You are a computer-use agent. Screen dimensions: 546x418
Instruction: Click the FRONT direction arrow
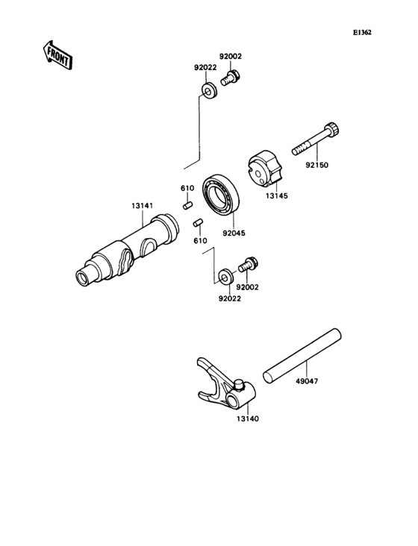[56, 54]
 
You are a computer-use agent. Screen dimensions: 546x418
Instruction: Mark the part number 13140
[248, 419]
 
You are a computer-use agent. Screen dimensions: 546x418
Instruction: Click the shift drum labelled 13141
[127, 250]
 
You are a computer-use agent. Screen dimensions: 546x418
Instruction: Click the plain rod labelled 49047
[302, 357]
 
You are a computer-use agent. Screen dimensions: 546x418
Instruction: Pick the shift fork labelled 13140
[225, 385]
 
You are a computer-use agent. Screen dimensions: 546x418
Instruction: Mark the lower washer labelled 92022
[224, 278]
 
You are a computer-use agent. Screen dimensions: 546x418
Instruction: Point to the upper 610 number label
[187, 188]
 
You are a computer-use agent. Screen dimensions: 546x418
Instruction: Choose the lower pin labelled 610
[199, 222]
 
